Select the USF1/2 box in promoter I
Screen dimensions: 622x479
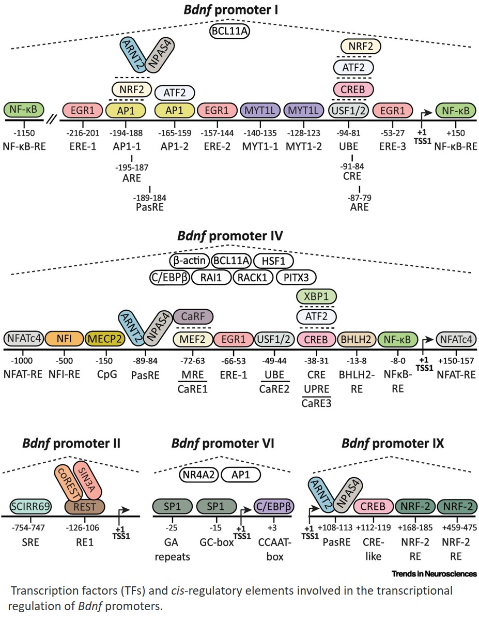click(349, 110)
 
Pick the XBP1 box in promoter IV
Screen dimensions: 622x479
click(316, 296)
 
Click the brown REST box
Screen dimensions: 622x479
click(85, 506)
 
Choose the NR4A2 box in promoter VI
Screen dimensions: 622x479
click(198, 474)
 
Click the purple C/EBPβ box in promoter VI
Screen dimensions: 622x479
click(274, 506)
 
